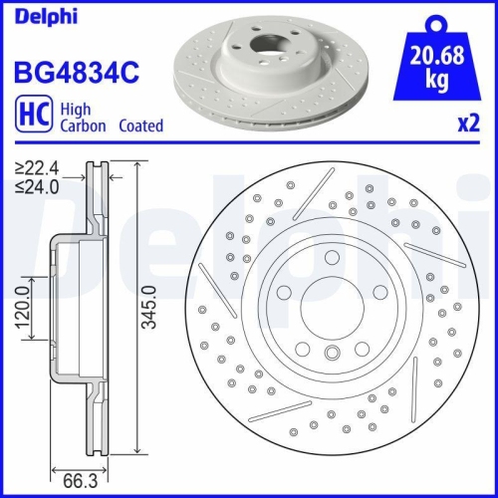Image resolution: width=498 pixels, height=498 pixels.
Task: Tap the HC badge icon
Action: [30, 117]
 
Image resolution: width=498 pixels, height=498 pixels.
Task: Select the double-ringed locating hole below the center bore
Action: [332, 351]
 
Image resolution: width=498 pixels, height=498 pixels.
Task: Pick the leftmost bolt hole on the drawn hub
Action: [282, 291]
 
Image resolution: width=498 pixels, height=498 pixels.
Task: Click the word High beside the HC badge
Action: [77, 110]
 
